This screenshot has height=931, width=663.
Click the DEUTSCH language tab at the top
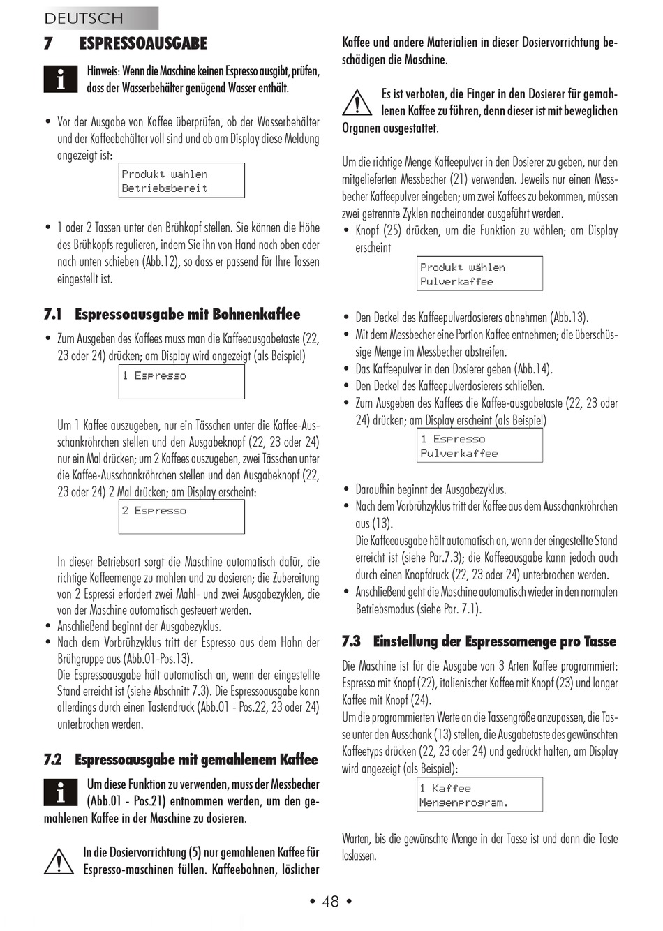pos(84,18)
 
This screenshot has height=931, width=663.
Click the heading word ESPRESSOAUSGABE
pos(143,43)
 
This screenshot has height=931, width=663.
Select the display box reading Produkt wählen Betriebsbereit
pos(181,180)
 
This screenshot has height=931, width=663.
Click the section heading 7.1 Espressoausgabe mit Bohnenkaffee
pos(172,314)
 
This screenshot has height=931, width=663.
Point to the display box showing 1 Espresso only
pos(181,382)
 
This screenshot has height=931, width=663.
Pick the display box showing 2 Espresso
pos(181,517)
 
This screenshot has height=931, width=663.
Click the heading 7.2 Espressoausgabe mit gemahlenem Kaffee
pos(181,759)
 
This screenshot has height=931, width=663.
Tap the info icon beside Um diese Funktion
pos(61,792)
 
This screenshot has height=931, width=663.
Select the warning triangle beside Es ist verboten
pos(357,103)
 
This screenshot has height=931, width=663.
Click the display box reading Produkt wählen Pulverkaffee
pos(479,274)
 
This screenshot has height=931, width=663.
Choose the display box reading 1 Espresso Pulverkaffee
pos(479,445)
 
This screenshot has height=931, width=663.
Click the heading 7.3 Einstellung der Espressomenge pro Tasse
pos(479,641)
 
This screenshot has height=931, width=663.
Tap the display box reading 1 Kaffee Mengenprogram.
pos(479,795)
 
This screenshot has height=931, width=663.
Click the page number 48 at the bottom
pos(330,902)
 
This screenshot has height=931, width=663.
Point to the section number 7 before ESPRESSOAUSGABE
pos(48,43)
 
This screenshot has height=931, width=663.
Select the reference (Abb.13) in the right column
pos(569,318)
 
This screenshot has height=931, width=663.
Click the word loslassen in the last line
pos(359,856)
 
